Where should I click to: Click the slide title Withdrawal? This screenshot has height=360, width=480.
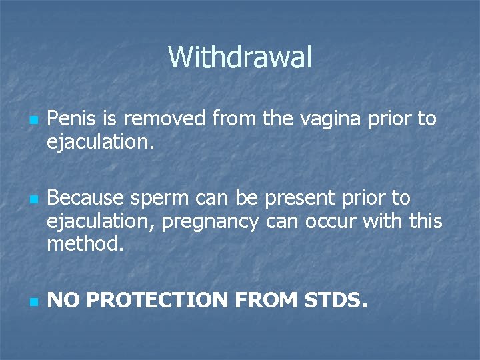240,57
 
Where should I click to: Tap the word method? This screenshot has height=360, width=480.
85,244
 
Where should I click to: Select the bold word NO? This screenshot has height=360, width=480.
63,301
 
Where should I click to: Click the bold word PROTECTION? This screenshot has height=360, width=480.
157,301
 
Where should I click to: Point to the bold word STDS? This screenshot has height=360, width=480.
335,301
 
